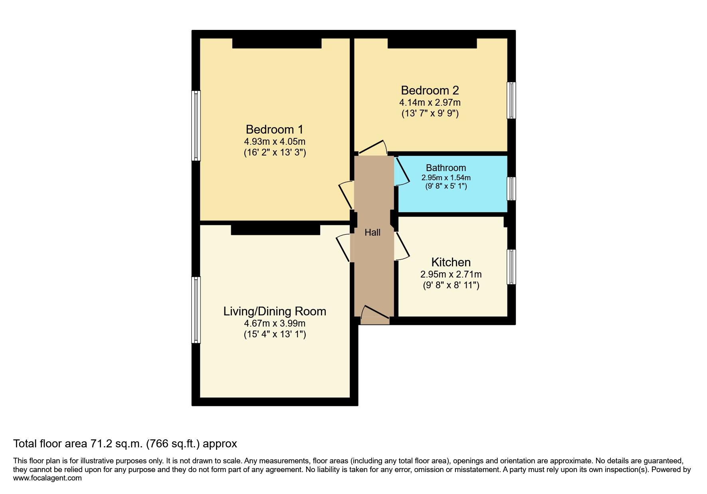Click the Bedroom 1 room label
[x=275, y=130]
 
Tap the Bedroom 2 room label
[x=430, y=90]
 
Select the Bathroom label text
[x=446, y=168]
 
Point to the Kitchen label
[x=451, y=262]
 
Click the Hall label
[x=372, y=232]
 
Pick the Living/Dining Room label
[x=275, y=311]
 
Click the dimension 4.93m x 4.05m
[x=275, y=142]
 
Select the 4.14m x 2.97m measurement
[x=430, y=102]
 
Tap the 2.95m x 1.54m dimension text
[x=446, y=178]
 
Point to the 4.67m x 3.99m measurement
[x=275, y=323]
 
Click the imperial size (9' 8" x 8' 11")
[x=451, y=285]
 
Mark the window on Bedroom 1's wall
[x=196, y=126]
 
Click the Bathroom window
[x=511, y=189]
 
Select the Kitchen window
[x=511, y=267]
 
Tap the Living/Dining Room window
[x=196, y=310]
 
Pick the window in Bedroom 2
[x=511, y=100]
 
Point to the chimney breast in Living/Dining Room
[x=275, y=230]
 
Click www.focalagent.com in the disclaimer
[x=48, y=478]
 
